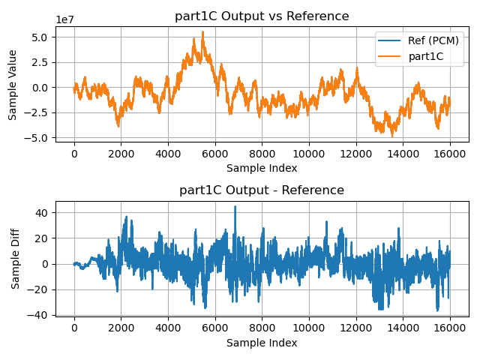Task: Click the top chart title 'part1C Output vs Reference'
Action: (262, 16)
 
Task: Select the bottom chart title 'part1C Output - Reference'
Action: (262, 190)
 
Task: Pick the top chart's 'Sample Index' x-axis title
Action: (262, 168)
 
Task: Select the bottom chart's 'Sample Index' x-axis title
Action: (262, 343)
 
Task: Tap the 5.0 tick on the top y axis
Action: (40, 37)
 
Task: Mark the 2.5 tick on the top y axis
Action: (40, 62)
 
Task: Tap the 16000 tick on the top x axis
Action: (449, 154)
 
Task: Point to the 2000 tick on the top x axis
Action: (121, 154)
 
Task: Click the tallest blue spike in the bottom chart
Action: (235, 207)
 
